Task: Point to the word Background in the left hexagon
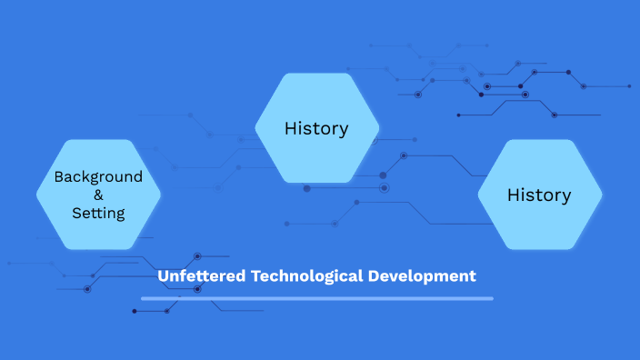click(98, 176)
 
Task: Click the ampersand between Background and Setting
click(98, 195)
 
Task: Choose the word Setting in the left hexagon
click(98, 213)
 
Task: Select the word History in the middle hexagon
click(316, 128)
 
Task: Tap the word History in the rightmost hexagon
click(539, 195)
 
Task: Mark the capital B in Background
click(59, 176)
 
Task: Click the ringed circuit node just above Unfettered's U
click(197, 256)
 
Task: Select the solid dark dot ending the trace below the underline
click(135, 312)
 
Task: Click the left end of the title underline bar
click(143, 298)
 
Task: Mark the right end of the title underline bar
click(492, 298)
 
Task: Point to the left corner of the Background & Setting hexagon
click(37, 194)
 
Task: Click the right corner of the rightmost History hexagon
click(601, 195)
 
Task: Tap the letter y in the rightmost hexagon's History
click(566, 196)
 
